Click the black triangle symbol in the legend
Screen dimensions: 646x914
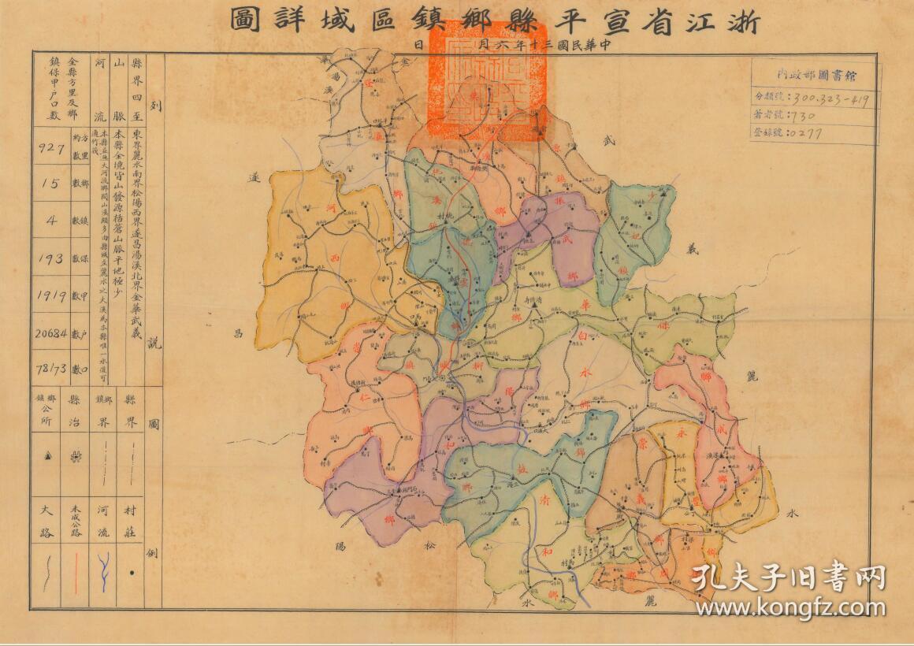(x=47, y=455)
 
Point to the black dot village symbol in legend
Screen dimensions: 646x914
(x=131, y=573)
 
